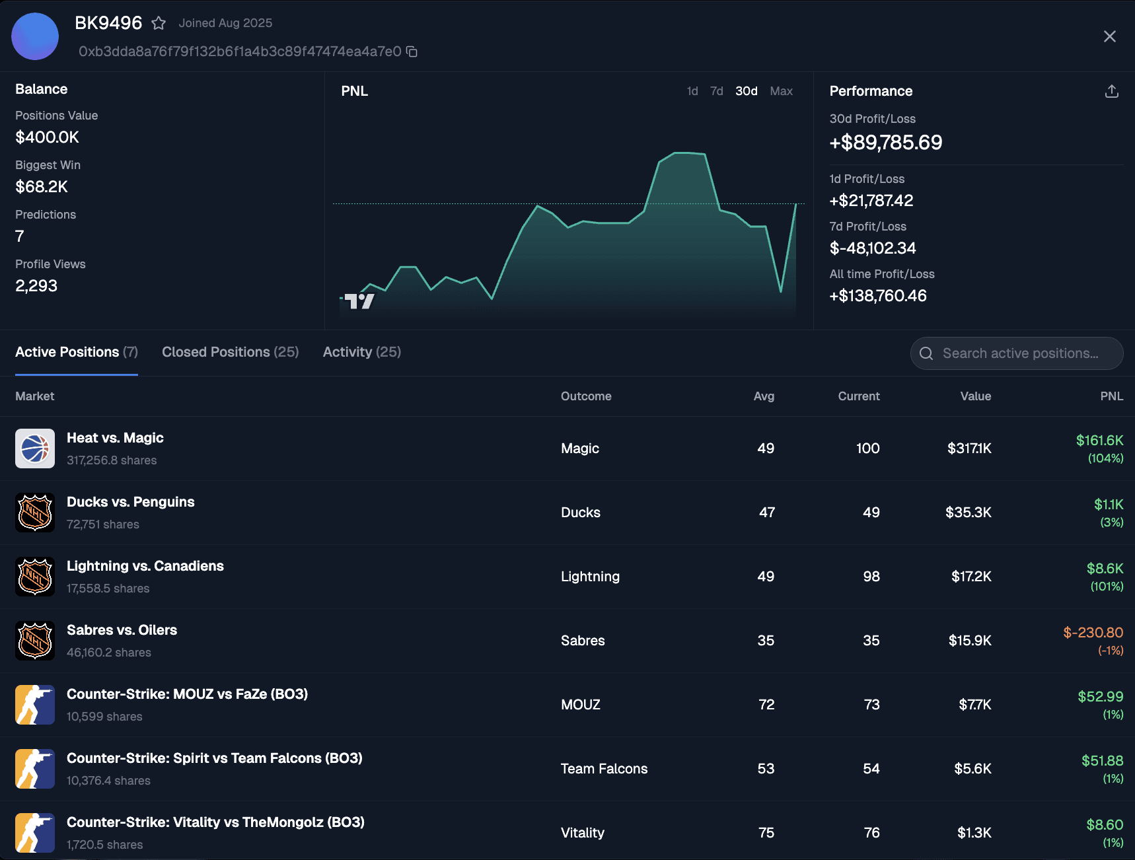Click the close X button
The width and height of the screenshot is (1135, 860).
[x=1109, y=36]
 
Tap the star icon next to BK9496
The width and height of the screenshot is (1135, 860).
[x=159, y=24]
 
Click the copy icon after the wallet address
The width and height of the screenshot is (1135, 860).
[x=412, y=52]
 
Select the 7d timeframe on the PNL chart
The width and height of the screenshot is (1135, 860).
[x=716, y=91]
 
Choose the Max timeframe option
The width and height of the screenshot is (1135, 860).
[x=781, y=91]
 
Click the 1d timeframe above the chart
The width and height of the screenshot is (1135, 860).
[x=692, y=91]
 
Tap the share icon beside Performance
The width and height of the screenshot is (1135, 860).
[x=1111, y=91]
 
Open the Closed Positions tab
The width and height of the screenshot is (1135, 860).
[x=230, y=352]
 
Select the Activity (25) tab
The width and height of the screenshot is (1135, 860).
[x=361, y=352]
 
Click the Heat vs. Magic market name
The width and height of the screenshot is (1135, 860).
[x=115, y=438]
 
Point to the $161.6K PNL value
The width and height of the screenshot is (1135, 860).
[x=1099, y=441]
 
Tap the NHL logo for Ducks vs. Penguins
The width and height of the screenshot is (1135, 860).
[x=35, y=513]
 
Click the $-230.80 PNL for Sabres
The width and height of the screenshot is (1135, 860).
[x=1093, y=633]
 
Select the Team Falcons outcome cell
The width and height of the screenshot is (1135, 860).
[x=604, y=769]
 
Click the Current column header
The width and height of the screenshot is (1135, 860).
[x=858, y=396]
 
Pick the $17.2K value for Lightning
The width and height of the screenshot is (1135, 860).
[x=970, y=577]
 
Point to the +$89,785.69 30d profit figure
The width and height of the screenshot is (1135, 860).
[x=885, y=143]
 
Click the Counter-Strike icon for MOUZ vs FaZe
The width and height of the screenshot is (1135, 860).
[x=35, y=705]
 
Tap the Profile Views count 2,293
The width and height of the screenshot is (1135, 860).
[x=36, y=286]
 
